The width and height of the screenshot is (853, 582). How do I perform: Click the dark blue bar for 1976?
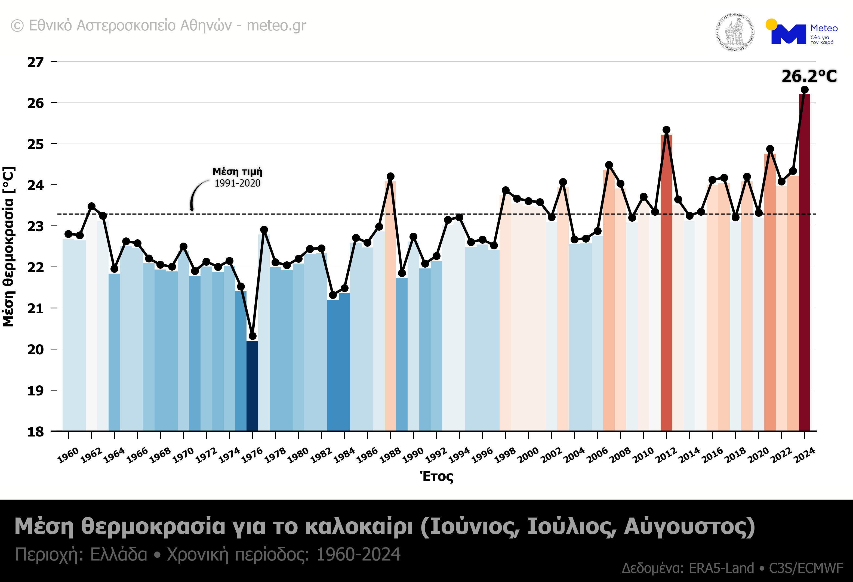(252, 385)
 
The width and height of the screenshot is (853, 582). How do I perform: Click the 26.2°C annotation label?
(809, 76)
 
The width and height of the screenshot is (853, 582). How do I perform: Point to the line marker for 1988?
(390, 177)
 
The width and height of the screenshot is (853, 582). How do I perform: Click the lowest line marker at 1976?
(252, 336)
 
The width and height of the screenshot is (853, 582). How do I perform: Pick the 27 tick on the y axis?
(36, 62)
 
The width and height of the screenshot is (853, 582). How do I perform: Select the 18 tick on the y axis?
(36, 432)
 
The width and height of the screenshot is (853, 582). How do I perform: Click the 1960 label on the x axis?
(68, 455)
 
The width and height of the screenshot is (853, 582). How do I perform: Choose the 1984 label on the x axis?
(344, 455)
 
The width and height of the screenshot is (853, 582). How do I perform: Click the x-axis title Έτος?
(436, 476)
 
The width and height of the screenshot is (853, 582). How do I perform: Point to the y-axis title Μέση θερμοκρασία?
(8, 247)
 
